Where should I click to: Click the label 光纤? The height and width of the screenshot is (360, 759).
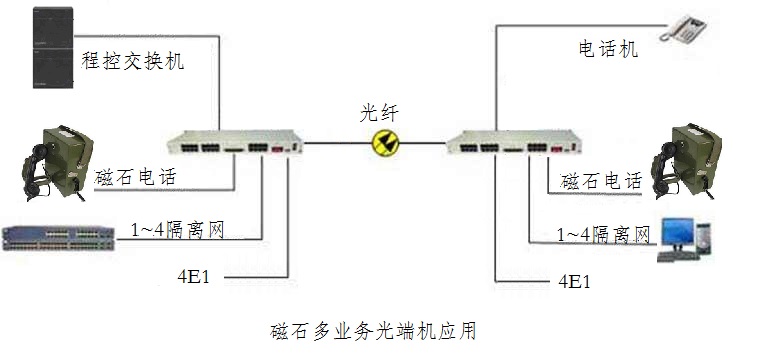[x=383, y=113]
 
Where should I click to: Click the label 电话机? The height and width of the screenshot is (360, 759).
[x=607, y=48]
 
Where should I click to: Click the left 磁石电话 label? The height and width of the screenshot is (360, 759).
[x=136, y=178]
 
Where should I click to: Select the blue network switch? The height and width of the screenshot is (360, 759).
[x=55, y=238]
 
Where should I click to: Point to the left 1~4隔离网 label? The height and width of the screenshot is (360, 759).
[x=176, y=230]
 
